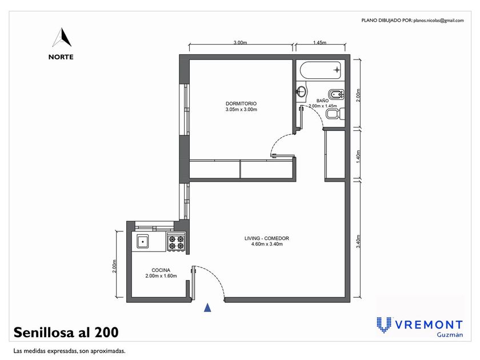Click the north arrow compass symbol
click(63, 37)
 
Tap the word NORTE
click(61, 57)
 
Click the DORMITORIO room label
click(241, 104)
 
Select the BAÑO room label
click(323, 101)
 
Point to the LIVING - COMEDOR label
click(267, 238)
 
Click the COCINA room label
click(161, 270)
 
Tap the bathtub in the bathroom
click(321, 70)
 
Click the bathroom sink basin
click(302, 91)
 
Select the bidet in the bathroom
click(336, 94)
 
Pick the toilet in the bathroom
click(335, 114)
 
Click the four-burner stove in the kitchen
click(177, 242)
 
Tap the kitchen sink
click(143, 241)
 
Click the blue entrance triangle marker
click(207, 307)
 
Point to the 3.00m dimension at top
click(241, 42)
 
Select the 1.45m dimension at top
click(319, 42)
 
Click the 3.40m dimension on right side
click(359, 241)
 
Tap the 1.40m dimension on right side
click(359, 157)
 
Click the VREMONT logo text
click(429, 325)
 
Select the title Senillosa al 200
click(66, 333)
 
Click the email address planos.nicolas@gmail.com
click(438, 21)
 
